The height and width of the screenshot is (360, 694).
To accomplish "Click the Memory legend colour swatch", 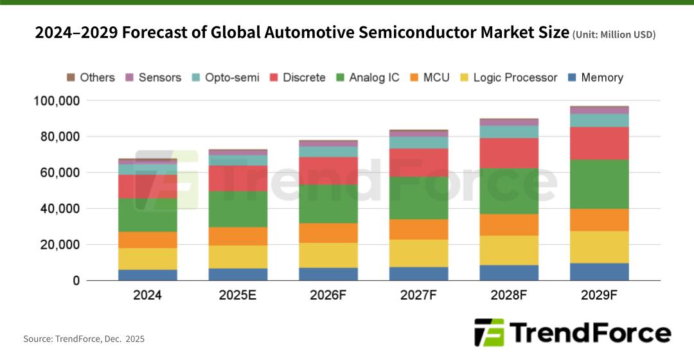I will (x=572, y=78).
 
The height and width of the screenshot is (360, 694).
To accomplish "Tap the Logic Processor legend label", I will (x=515, y=78).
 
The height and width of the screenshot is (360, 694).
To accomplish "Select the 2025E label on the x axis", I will (x=238, y=296).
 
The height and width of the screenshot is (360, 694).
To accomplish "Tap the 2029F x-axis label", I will (x=600, y=296).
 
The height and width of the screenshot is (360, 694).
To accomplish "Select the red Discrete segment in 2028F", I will (x=509, y=153).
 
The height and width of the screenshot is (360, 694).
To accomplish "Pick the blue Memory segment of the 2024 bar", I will (x=148, y=275).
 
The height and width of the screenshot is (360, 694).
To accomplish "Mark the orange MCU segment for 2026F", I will (x=328, y=233).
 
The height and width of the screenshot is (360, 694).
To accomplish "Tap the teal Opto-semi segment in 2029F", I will (x=600, y=120).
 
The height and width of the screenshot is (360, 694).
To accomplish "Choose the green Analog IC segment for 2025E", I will (x=238, y=209).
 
